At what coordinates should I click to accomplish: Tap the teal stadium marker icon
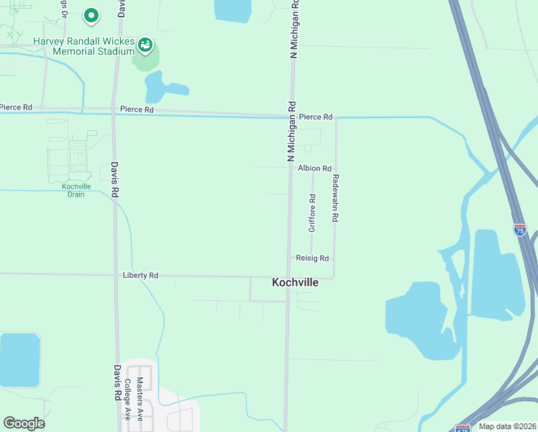point(145,45)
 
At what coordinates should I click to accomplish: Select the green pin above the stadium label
point(91,14)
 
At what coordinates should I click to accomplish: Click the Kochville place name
point(295,283)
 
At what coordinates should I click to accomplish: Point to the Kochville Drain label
point(76,190)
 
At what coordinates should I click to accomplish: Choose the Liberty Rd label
point(140,275)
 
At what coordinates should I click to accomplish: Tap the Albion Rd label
point(314,168)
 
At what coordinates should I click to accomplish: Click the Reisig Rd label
point(312,258)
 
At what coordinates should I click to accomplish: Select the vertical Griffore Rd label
point(312,213)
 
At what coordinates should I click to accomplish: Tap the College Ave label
point(127,399)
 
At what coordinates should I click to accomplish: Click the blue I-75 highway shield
point(520,230)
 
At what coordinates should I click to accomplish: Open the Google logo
point(24,423)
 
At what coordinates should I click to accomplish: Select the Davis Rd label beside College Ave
point(117,381)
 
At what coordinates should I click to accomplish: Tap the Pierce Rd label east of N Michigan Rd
point(316,117)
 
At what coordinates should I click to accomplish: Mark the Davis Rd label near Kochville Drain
point(115,179)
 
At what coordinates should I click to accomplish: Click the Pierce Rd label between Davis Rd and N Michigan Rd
point(137,109)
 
